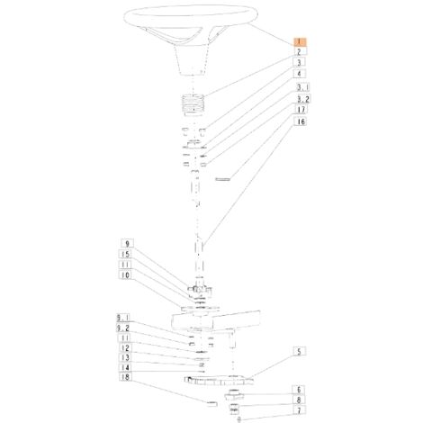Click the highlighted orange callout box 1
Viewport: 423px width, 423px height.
click(300, 41)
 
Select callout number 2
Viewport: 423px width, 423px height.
click(300, 52)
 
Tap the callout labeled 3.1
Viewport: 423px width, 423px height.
click(303, 87)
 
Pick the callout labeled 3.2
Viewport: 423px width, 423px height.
click(303, 99)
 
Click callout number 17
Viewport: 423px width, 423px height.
click(301, 110)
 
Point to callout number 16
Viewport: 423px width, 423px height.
click(301, 121)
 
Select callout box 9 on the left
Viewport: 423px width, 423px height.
click(127, 243)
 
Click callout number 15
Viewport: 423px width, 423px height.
click(125, 254)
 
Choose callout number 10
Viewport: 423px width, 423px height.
click(125, 274)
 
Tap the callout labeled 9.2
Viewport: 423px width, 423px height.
click(123, 328)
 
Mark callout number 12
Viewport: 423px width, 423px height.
click(125, 348)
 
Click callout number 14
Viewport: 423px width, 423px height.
click(125, 367)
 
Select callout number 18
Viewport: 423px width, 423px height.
click(125, 377)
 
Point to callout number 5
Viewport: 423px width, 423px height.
click(299, 351)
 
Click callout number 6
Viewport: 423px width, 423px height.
click(299, 390)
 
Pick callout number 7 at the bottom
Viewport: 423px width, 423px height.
click(299, 410)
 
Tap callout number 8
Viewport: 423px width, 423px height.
click(299, 400)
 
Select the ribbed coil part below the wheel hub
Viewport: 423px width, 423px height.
click(193, 103)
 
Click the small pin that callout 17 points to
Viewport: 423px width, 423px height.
click(223, 179)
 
